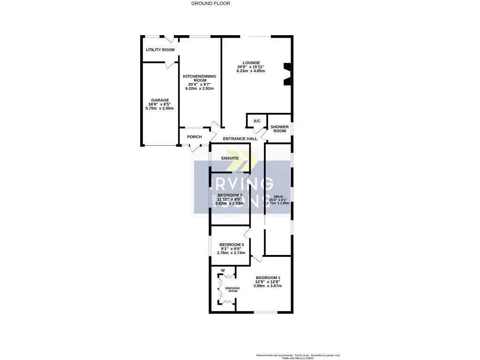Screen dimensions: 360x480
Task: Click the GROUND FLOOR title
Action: [x=210, y=3]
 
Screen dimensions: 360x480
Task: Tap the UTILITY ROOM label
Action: [x=160, y=50]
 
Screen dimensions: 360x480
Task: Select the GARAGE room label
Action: [x=159, y=100]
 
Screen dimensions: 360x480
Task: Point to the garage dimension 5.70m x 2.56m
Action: [x=159, y=108]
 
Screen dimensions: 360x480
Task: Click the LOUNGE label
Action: [x=251, y=62]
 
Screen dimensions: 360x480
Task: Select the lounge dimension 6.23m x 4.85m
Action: [x=251, y=71]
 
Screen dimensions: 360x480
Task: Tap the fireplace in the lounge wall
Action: [x=286, y=74]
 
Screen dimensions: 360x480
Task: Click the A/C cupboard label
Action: [x=257, y=121]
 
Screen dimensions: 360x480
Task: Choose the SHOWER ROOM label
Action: [x=279, y=129]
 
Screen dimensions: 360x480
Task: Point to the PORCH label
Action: [x=194, y=137]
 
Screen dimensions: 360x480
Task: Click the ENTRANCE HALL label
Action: [x=240, y=139]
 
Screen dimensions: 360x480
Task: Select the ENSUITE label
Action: [x=230, y=158]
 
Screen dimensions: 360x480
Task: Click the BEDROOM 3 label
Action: [x=232, y=245]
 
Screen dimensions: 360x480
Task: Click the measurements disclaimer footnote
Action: [x=298, y=355]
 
